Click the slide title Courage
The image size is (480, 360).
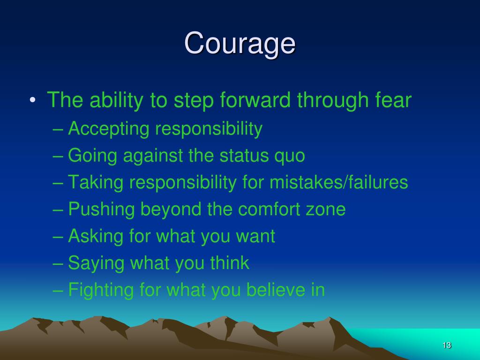tap(240, 44)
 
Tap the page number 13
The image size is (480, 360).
tap(446, 345)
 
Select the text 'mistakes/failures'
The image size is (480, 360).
tap(338, 182)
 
